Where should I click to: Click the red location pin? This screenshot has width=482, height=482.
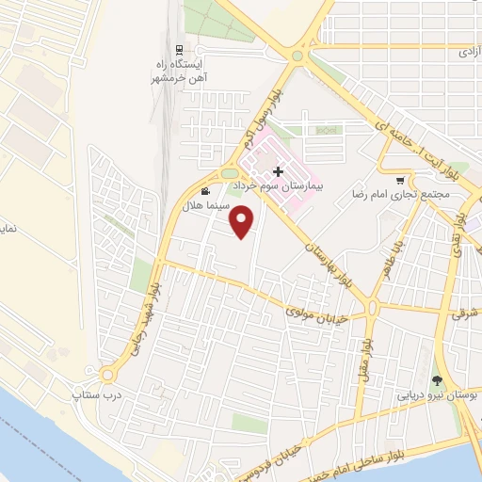click(x=244, y=222)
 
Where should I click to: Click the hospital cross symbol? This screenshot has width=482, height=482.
click(x=277, y=171)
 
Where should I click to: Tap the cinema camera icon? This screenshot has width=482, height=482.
click(x=205, y=191)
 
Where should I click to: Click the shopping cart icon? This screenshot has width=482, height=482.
click(x=400, y=180)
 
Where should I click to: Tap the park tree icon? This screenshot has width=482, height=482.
click(x=437, y=380)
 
